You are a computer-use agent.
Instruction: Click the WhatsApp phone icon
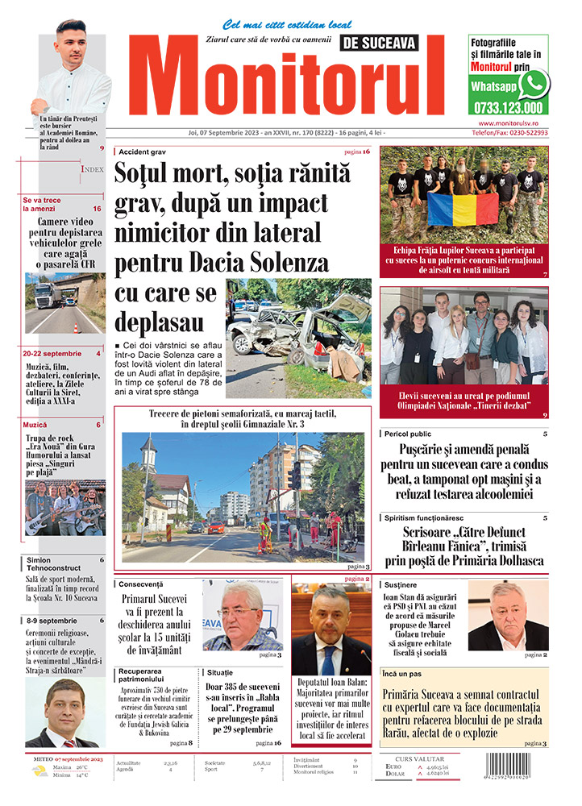pos(533,84)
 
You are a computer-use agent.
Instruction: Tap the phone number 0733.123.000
pos(508,106)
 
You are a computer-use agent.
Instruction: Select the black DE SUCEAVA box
pos(377,43)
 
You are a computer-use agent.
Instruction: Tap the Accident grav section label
pos(142,152)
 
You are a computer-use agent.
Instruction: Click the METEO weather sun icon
pos(39,771)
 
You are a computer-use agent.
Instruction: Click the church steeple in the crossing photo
pos(148,451)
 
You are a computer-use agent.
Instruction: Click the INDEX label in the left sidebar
pos(91,169)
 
